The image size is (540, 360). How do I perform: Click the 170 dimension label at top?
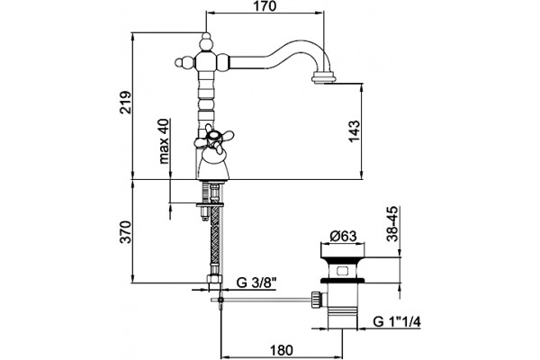click(265, 6)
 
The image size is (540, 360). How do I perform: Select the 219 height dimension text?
click(125, 103)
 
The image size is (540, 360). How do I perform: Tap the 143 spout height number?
click(354, 130)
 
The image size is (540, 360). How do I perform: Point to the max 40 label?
click(165, 141)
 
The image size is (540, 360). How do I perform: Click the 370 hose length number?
click(125, 232)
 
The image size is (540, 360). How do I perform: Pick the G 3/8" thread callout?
click(256, 283)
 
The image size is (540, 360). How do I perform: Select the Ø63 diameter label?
click(343, 236)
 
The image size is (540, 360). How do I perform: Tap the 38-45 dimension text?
click(391, 223)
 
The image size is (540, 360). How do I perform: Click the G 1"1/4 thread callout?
click(397, 322)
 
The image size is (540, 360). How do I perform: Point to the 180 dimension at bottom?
click(282, 350)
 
